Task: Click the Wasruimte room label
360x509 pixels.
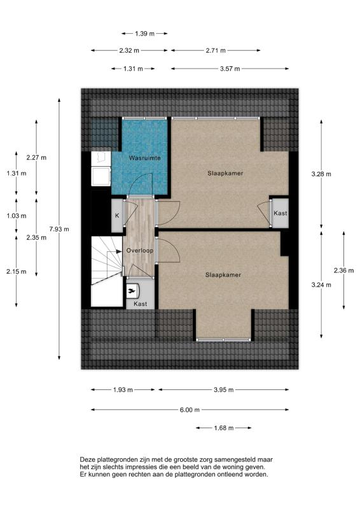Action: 144,158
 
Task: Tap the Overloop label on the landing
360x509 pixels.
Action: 139,251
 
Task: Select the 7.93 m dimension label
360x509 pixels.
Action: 59,229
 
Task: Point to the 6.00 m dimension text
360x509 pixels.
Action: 190,410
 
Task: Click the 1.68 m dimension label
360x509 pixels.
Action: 224,428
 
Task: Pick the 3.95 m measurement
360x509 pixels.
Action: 224,390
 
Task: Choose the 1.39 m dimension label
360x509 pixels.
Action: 145,34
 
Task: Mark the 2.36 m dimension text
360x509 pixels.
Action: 343,270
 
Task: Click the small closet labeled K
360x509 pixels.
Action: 117,216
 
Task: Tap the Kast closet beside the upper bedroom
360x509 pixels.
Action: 280,213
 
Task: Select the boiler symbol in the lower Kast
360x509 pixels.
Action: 132,291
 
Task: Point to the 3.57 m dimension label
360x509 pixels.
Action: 230,69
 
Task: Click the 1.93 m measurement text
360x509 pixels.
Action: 123,390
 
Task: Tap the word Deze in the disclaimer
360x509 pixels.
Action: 87,459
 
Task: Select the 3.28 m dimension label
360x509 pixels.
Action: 321,174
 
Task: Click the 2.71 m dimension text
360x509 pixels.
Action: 216,51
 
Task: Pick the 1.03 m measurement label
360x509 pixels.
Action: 17,216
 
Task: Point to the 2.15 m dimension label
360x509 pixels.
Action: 17,272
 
